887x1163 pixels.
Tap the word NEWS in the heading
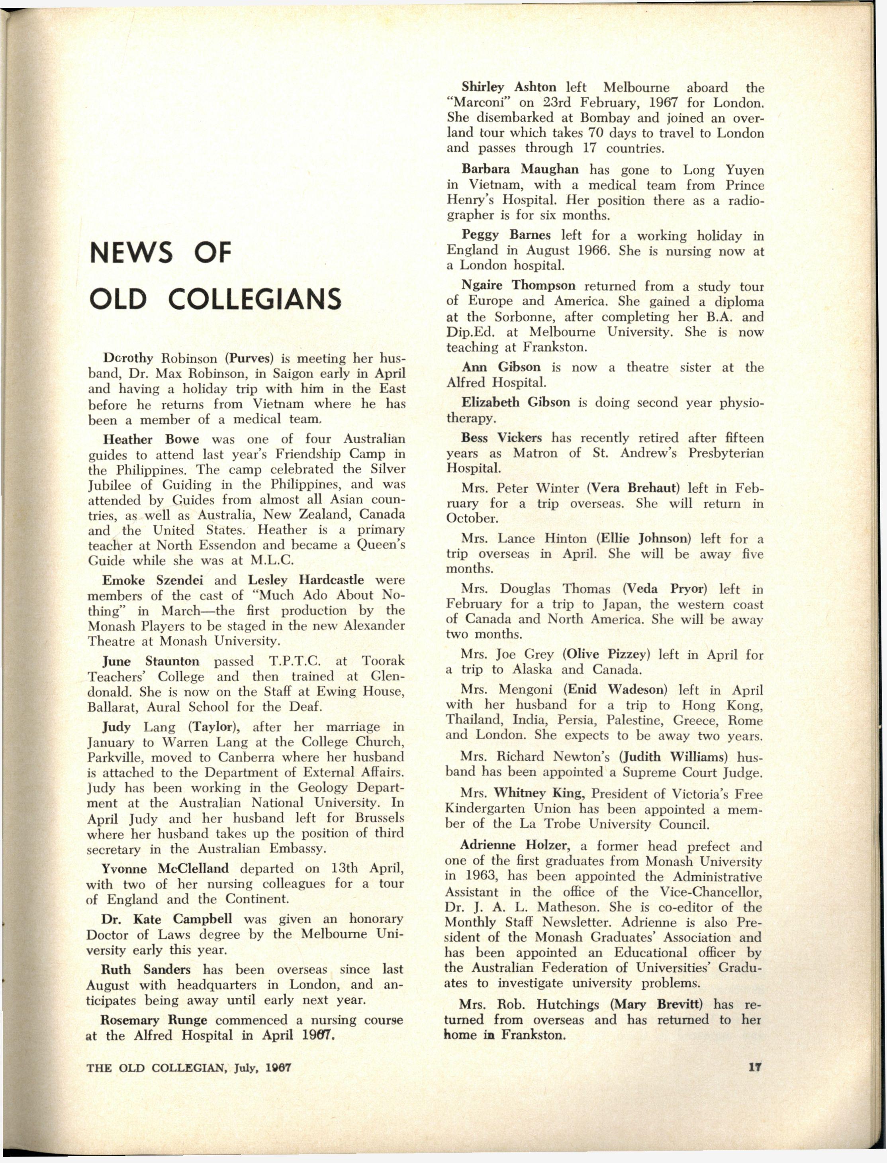(x=131, y=253)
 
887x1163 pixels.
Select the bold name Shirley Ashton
(x=509, y=87)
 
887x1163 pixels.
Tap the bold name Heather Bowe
(x=151, y=439)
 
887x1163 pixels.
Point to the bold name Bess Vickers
(x=501, y=438)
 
